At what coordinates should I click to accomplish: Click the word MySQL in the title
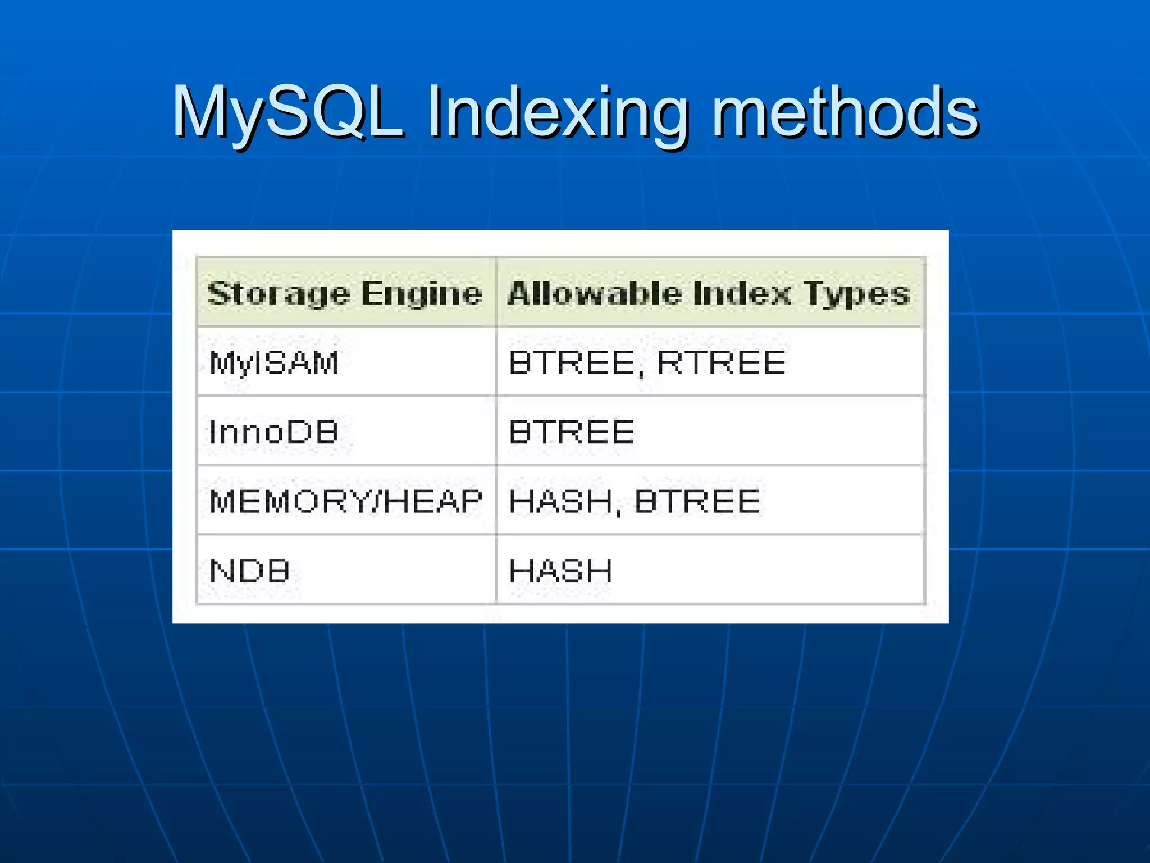click(x=287, y=112)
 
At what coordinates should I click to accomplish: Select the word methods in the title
click(x=845, y=112)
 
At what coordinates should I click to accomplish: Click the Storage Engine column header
click(x=345, y=293)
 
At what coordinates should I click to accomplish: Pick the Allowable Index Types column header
click(x=709, y=293)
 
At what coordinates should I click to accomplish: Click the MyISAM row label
click(x=273, y=362)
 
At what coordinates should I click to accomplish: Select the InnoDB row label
click(x=273, y=432)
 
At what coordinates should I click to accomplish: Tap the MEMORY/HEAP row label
click(x=345, y=501)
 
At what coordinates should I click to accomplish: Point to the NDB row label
click(x=249, y=571)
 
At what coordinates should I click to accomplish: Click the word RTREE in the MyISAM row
click(x=721, y=362)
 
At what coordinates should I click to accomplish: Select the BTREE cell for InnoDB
click(x=572, y=432)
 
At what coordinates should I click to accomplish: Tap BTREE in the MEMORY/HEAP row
click(x=697, y=501)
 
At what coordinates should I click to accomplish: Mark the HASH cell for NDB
click(x=560, y=571)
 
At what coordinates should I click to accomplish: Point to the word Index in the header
click(x=741, y=293)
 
